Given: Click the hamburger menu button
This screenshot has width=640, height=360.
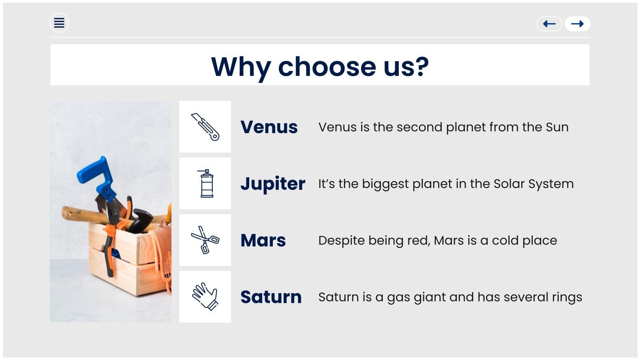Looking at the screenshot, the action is coord(59,23).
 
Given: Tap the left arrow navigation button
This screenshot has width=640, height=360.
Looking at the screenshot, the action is coord(549,24).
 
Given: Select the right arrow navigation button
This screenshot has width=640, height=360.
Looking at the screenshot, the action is coord(578,24).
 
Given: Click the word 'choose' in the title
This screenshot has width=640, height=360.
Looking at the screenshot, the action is coord(327,67).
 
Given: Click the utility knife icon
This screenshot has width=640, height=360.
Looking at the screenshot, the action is coord(205,127).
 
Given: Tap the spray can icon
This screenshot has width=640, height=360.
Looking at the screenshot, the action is coord(206,184).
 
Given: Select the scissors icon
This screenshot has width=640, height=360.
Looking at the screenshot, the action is coord(205,240).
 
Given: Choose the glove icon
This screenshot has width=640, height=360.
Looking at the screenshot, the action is coord(205,296).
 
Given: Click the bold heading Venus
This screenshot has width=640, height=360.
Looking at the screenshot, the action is coord(269,127).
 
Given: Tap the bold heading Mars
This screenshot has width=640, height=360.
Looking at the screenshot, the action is coord(263,240).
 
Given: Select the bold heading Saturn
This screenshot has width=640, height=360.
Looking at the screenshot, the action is coord(271,297).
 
